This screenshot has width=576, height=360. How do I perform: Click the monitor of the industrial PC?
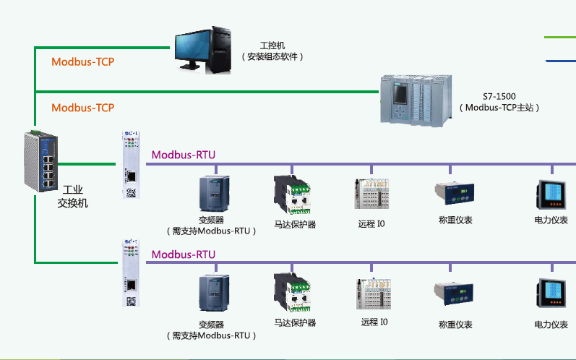[x=191, y=49]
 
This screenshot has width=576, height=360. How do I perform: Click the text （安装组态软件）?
[x=272, y=56]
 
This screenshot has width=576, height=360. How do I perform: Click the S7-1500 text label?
[x=499, y=96]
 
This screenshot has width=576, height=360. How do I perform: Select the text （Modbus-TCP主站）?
[x=499, y=108]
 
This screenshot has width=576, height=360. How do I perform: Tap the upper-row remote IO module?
[x=371, y=194]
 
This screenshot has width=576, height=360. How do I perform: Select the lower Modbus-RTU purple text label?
[x=183, y=254]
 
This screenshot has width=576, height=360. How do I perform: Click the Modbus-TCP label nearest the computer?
[x=82, y=61]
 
